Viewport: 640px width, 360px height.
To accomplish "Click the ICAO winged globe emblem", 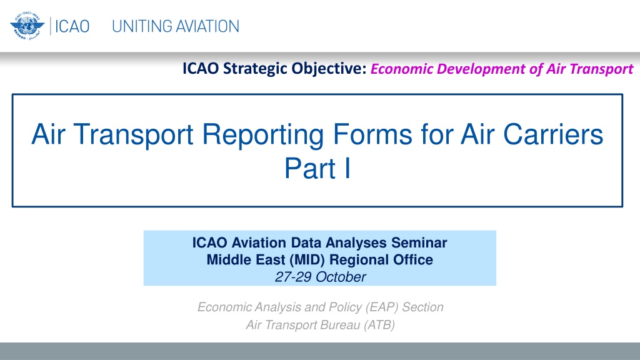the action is click(x=27, y=26).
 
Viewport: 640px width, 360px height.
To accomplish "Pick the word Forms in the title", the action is click(x=372, y=134).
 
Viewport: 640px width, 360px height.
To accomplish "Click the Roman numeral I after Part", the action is click(x=347, y=168).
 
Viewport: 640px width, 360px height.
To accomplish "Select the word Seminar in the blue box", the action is click(x=419, y=243).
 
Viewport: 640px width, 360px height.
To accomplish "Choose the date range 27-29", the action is click(x=293, y=277).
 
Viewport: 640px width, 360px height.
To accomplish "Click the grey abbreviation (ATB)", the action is click(x=379, y=325).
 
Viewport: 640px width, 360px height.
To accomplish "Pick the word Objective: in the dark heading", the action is click(x=329, y=69).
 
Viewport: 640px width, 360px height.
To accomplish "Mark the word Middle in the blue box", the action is click(x=226, y=260).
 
